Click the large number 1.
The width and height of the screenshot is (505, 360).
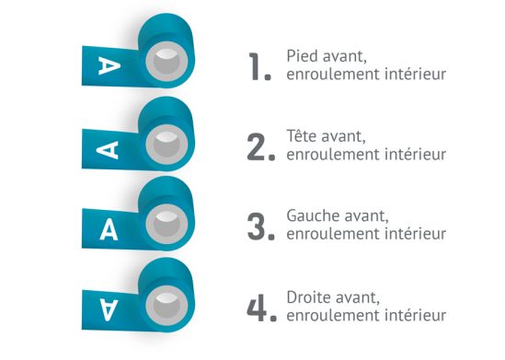(258, 67)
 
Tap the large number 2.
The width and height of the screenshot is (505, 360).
(258, 147)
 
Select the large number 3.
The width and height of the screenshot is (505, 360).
(258, 226)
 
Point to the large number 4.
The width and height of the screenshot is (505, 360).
(258, 308)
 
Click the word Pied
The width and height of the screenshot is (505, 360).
(303, 57)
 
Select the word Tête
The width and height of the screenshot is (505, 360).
(303, 137)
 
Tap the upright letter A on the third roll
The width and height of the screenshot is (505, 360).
(109, 227)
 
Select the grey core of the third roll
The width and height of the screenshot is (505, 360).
(166, 224)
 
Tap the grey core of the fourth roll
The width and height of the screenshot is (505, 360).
(166, 303)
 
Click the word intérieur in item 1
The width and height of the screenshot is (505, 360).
(413, 75)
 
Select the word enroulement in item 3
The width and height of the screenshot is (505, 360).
(328, 234)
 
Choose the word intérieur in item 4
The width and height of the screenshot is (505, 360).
(413, 315)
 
